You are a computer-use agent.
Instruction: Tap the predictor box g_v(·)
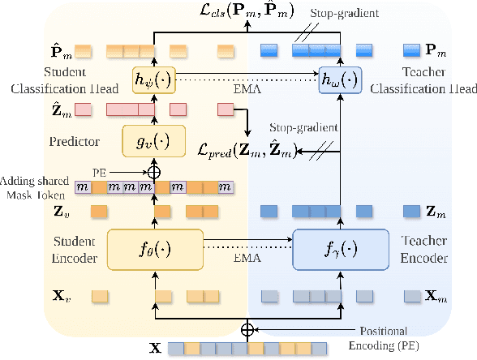(x=154, y=140)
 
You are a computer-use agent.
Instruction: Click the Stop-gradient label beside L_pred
(x=304, y=128)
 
